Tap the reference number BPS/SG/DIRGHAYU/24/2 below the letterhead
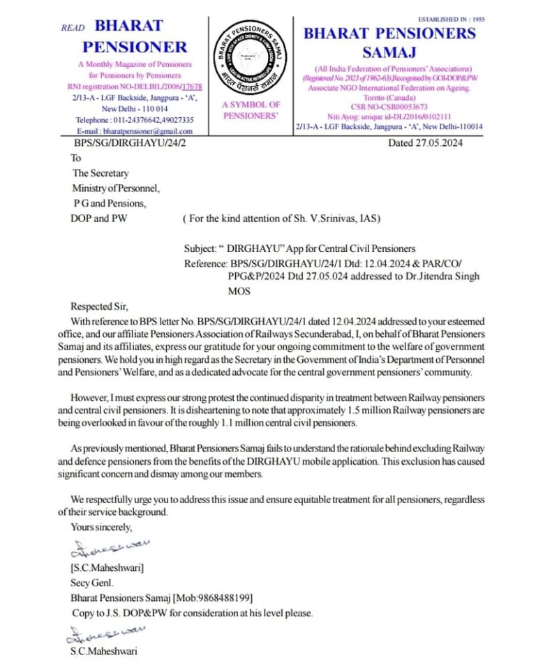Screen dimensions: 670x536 click(130, 144)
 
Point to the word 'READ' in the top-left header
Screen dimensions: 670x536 click(73, 28)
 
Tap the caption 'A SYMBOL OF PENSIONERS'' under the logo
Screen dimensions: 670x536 click(251, 110)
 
